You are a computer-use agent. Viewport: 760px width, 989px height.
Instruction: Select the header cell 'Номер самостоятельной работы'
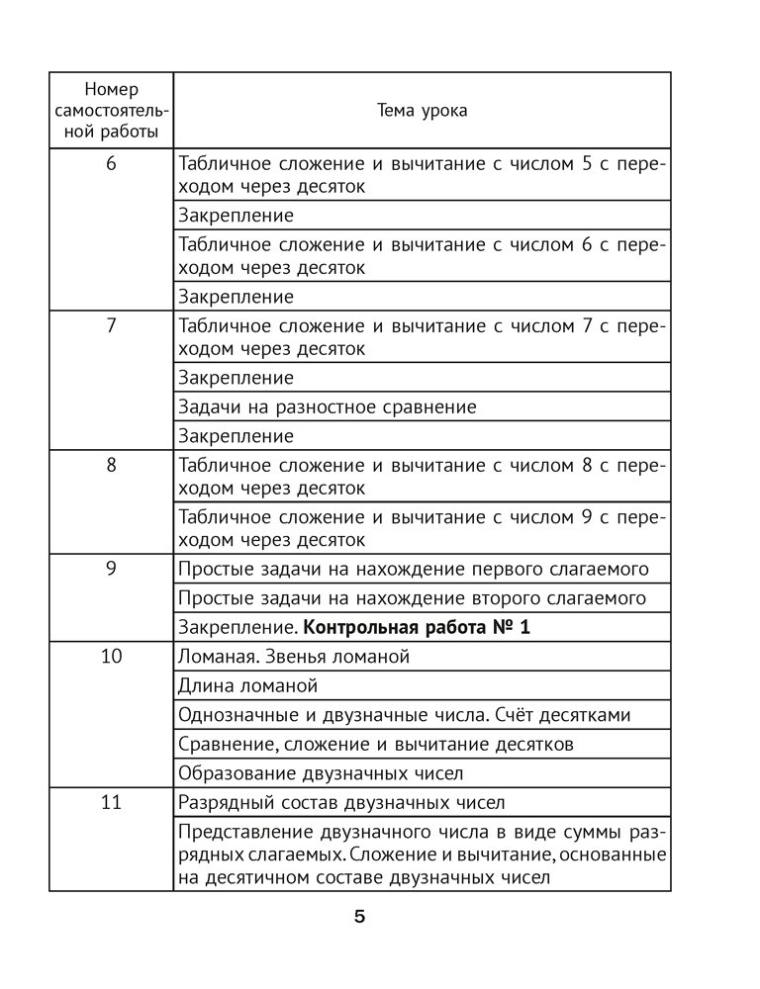point(111,110)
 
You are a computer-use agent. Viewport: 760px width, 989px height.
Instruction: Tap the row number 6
point(111,165)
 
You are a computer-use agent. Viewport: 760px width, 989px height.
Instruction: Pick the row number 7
point(111,326)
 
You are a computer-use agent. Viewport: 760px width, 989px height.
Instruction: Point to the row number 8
point(111,466)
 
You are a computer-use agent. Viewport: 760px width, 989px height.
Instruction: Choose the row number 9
point(111,569)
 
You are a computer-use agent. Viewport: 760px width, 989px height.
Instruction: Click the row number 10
point(111,657)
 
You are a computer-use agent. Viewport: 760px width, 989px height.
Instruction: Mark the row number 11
point(111,802)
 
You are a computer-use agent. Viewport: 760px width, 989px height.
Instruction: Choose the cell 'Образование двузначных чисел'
point(320,772)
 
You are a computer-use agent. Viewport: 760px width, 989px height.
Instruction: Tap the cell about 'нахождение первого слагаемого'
point(413,569)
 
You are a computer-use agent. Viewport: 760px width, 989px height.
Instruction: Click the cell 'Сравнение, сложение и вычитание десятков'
point(375,744)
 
